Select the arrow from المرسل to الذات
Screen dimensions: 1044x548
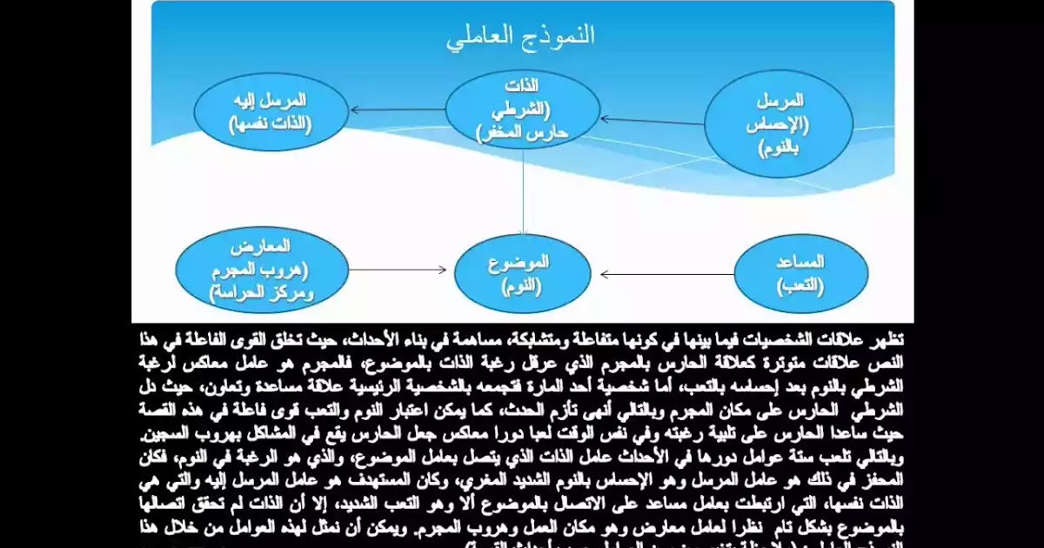click(x=652, y=121)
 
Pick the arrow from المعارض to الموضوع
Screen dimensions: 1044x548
click(x=398, y=270)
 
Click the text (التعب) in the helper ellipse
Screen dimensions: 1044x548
click(x=799, y=284)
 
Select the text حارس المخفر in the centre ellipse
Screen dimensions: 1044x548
click(x=522, y=132)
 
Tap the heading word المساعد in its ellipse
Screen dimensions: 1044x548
click(x=799, y=262)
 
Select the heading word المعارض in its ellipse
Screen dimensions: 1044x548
click(x=262, y=247)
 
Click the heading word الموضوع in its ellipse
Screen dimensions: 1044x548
click(x=522, y=261)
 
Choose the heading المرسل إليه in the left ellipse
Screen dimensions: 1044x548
click(x=271, y=100)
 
